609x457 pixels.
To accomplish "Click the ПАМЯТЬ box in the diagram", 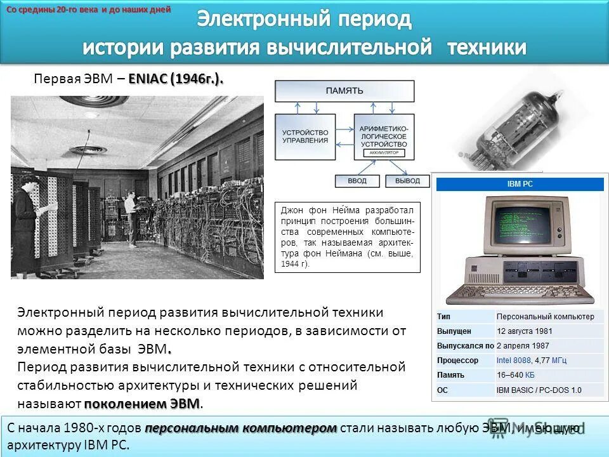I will point(344,91).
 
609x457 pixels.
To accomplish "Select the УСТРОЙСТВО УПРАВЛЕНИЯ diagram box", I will point(306,136).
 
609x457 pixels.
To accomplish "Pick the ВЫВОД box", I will point(407,181).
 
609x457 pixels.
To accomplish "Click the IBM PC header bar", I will point(520,184).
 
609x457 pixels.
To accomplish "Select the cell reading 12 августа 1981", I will point(525,331).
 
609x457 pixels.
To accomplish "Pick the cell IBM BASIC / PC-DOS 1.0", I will point(539,390).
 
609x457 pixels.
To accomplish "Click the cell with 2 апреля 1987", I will point(523,346).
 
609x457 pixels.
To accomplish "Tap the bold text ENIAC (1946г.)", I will point(176,79).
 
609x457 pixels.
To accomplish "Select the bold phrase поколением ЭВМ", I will point(142,404).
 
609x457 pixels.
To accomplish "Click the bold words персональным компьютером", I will point(241,428).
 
